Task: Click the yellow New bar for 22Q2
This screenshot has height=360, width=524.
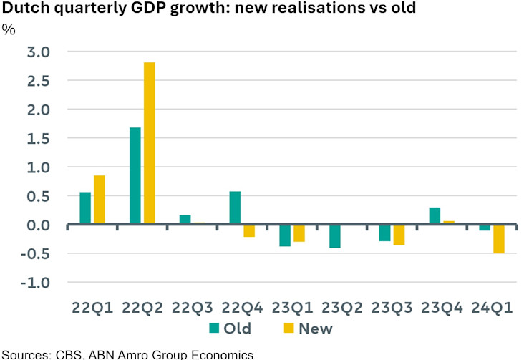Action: pos(149,143)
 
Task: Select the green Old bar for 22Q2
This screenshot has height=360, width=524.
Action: pos(135,176)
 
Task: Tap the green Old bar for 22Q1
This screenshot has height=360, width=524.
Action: pos(85,208)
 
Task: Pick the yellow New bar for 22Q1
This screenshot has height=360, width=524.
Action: pos(100,200)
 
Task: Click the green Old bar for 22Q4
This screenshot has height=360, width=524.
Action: pos(234,208)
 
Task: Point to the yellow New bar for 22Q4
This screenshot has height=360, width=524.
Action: pos(248,230)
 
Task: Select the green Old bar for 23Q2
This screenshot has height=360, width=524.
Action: pos(334,236)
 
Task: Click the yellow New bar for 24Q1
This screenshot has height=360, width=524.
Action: pos(498,238)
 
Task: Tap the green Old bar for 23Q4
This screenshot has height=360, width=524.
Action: pos(435,216)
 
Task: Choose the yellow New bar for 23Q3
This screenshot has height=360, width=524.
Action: pos(398,235)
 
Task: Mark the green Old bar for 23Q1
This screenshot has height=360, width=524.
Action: pos(284,235)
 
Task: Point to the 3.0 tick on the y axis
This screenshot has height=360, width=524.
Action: pos(38,52)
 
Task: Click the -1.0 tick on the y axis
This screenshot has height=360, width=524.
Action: pos(35,283)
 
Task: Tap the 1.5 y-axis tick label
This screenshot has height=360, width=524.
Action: pos(38,139)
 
